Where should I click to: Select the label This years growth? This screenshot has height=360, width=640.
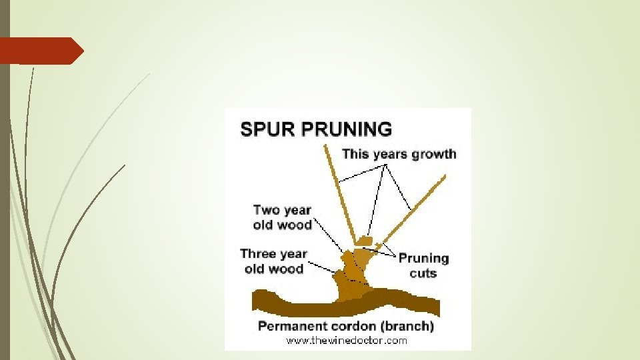tap(399, 154)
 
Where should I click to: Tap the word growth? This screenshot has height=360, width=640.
tap(433, 155)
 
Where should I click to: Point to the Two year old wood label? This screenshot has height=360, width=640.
tap(282, 217)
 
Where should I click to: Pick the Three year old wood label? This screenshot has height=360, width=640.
tap(273, 261)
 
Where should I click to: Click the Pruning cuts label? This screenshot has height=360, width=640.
tap(423, 265)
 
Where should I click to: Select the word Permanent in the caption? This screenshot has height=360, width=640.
tap(291, 327)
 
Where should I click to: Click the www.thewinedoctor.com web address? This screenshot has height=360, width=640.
tap(347, 341)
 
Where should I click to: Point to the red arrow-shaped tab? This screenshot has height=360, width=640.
tap(40, 51)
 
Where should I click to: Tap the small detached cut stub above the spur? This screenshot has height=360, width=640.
tap(364, 239)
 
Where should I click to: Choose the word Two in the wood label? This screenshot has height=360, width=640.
tap(265, 210)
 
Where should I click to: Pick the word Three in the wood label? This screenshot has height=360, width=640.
tap(257, 253)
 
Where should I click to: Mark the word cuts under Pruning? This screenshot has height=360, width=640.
tap(423, 273)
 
